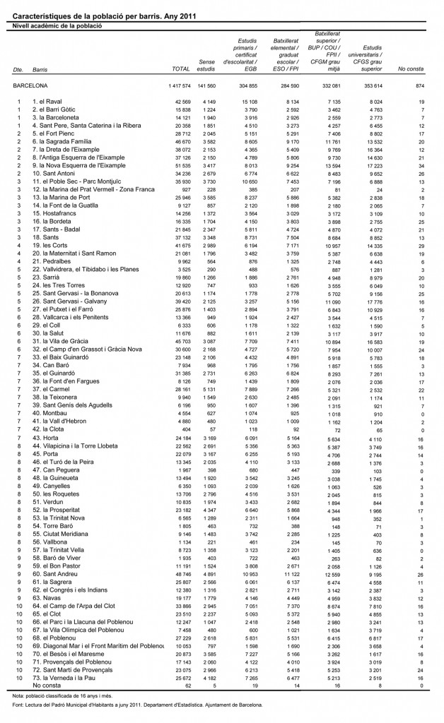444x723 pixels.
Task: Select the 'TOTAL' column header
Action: [181, 70]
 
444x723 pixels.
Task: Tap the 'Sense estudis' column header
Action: [206, 66]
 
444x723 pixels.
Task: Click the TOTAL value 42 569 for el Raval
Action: [181, 102]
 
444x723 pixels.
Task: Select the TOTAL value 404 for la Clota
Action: [185, 429]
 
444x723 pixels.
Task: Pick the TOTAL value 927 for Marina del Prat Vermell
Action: [185, 189]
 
